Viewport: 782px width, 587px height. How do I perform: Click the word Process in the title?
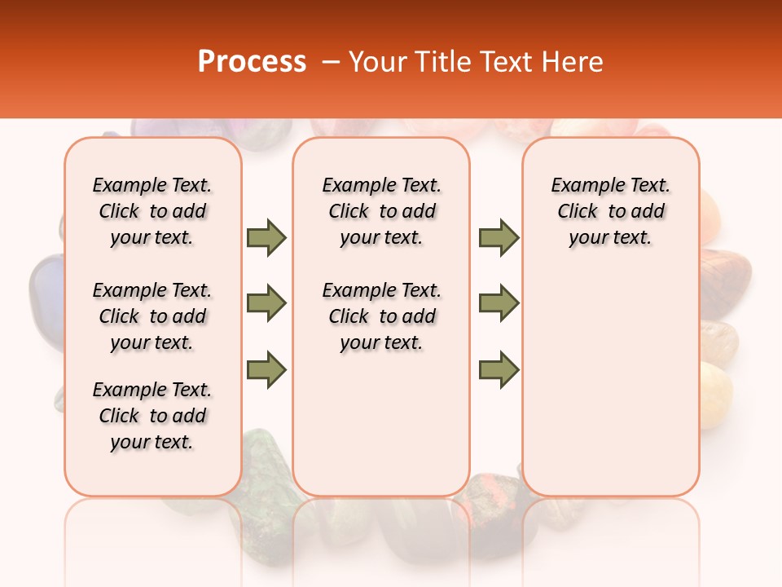click(x=252, y=61)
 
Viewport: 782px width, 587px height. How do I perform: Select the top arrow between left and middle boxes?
click(x=266, y=237)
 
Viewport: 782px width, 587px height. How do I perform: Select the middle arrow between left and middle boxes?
click(x=266, y=303)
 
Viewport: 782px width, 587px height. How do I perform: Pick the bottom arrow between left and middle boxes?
click(x=266, y=370)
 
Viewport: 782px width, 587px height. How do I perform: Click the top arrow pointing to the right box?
click(x=499, y=237)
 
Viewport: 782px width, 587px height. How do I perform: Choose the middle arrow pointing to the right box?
click(x=499, y=303)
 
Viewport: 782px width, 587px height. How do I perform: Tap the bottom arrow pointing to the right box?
click(x=499, y=370)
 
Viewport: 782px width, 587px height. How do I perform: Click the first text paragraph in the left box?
click(x=152, y=211)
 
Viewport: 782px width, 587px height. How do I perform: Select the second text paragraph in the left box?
click(x=152, y=316)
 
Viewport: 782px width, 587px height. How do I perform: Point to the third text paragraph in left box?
click(x=152, y=416)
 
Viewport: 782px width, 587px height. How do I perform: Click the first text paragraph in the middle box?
click(x=382, y=211)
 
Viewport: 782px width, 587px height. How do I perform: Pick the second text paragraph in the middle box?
click(x=382, y=316)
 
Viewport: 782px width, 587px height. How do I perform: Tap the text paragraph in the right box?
click(x=611, y=211)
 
